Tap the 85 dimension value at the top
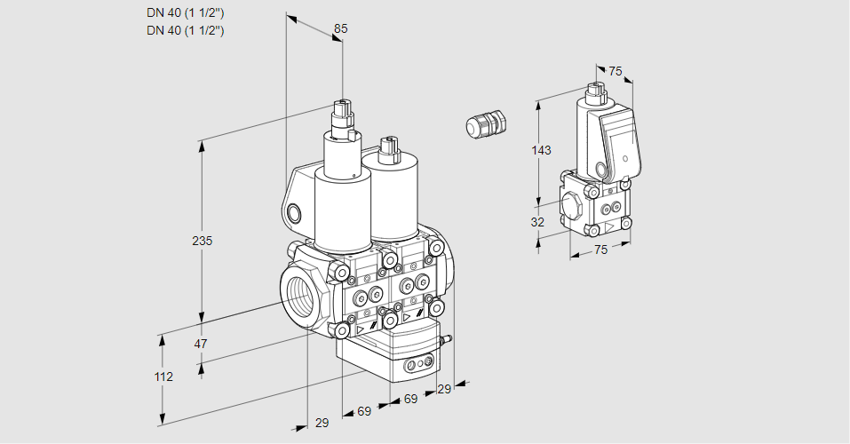coord(340,28)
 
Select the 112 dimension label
coord(163,377)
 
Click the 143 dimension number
coord(541,150)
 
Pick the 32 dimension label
coord(537,222)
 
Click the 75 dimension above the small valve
coord(616,71)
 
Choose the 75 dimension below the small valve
coord(601,250)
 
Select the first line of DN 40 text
coord(185,12)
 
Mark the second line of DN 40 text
coord(185,30)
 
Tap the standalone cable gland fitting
coord(485,123)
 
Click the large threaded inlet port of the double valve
coord(299,294)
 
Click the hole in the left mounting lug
coord(295,212)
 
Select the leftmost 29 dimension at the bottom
coord(322,423)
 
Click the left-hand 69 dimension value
coord(363,411)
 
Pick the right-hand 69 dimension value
coord(410,400)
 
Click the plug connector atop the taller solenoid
coord(342,116)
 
